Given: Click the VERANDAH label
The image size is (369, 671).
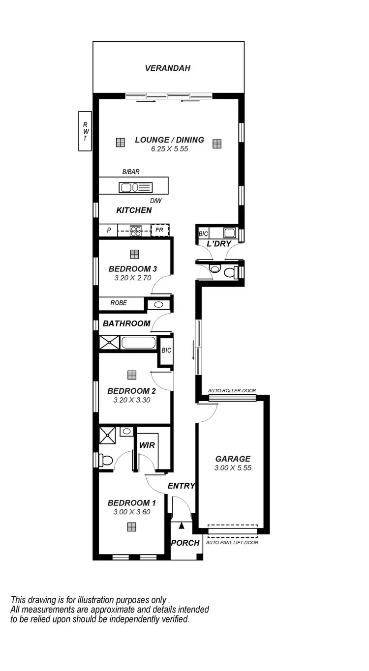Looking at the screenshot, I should coord(167,68).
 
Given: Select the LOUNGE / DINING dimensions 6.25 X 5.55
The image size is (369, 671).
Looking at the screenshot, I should coord(170,148).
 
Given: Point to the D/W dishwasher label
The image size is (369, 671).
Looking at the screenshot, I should coord(155,201).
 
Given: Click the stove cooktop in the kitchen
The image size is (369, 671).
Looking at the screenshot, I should coord(136,230).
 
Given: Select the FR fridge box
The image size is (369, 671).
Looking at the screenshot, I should coord(159,230).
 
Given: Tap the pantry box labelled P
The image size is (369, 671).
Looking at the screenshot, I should coord(109,230).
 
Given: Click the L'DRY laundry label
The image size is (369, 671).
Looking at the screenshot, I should coord(218,244).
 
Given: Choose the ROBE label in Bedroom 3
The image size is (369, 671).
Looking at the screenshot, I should coord(119,303).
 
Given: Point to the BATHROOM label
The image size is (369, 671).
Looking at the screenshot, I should coord(126,323).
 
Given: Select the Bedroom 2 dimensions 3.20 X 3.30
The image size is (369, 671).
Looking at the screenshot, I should coord(131,400).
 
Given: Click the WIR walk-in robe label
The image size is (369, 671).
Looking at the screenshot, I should coord(147,445).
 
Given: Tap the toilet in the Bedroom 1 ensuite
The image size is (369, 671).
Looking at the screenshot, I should coord(106,460).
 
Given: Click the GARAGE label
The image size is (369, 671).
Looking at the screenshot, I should coord(233,459).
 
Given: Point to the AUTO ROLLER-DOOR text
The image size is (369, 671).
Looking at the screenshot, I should coord(232,391).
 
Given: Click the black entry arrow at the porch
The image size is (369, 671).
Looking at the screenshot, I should coord(182,525).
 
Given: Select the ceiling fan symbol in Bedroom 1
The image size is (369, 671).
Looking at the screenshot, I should coord(131,527).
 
